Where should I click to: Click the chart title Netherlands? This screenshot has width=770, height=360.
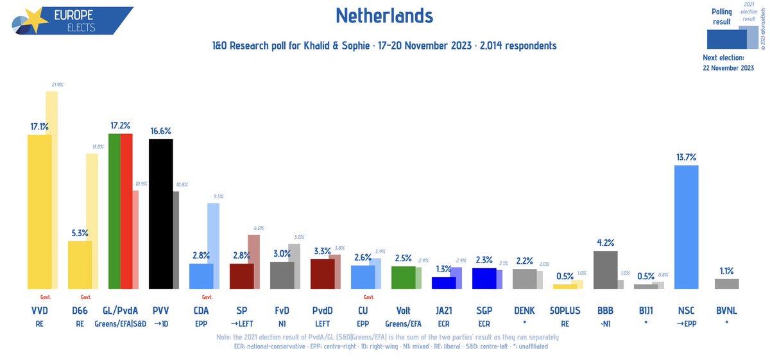384,15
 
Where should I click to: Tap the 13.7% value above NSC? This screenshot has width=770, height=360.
686,157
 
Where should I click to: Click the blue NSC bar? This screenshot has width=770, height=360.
687,227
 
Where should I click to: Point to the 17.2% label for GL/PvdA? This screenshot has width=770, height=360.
120,125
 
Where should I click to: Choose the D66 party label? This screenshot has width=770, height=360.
80,311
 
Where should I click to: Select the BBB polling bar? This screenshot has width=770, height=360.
605,270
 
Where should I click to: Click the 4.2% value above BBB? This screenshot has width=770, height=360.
605,243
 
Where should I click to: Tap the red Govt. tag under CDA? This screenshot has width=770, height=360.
207,298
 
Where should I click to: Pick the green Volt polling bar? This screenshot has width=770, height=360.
403,277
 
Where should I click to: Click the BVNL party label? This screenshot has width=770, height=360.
726,311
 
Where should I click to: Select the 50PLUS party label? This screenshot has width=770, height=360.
565,311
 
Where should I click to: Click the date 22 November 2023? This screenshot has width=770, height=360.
728,69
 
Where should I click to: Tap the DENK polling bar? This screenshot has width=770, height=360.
524,279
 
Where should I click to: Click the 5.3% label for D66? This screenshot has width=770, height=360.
80,233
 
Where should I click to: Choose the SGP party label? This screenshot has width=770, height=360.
484,311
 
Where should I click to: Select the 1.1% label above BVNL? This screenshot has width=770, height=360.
726,271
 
